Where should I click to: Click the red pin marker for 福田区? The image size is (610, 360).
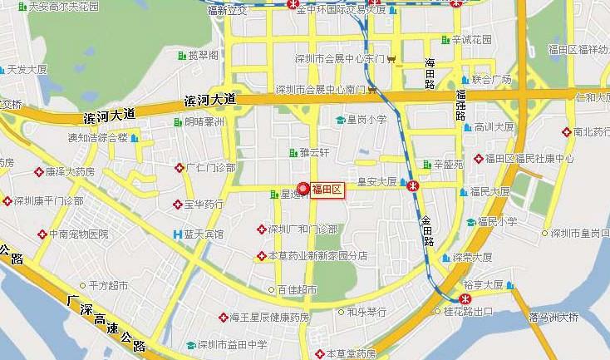click(x=303, y=188)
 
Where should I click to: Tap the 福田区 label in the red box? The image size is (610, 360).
click(x=327, y=190)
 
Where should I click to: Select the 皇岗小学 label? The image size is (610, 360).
click(x=366, y=120)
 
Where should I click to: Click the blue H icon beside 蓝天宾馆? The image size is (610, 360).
click(x=176, y=234)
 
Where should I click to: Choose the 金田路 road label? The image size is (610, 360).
click(x=427, y=229)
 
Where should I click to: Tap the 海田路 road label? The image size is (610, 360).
click(x=430, y=75)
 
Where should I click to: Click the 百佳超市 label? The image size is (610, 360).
click(x=298, y=290)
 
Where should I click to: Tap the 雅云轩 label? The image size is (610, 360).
click(x=315, y=152)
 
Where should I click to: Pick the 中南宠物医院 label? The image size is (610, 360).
click(x=78, y=234)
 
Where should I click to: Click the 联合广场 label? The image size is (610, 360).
click(x=491, y=80)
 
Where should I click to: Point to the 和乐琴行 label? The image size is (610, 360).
click(x=366, y=312)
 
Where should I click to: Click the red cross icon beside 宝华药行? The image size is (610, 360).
click(x=177, y=204)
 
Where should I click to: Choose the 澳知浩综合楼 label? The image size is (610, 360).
click(x=97, y=137)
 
